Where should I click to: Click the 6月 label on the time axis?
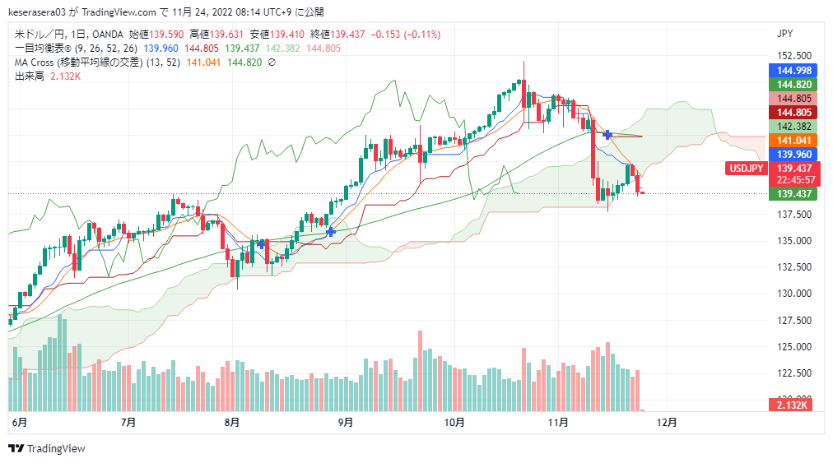[19, 423]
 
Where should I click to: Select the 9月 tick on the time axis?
[346, 423]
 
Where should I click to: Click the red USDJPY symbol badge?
[746, 169]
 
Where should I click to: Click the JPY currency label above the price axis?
[784, 34]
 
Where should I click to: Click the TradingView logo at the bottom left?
[47, 448]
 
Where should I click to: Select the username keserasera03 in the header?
[41, 12]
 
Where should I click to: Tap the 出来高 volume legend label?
[30, 76]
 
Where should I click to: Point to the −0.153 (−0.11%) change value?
[406, 35]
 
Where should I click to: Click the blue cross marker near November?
[607, 134]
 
